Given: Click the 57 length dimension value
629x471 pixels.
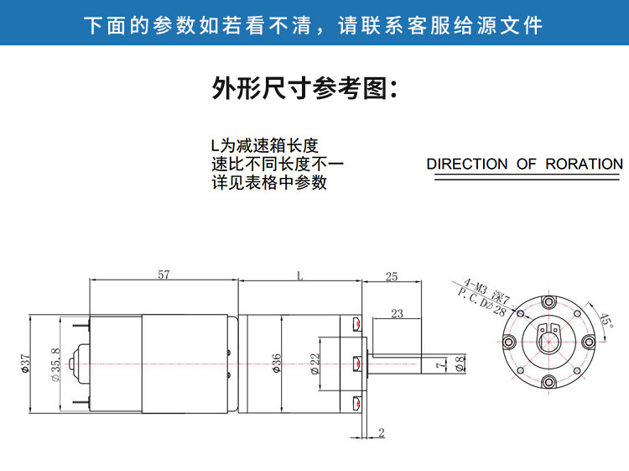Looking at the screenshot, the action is click(164, 275).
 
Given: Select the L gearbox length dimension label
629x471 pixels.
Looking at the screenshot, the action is click(299, 275).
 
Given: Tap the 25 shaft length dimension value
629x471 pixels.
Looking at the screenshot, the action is click(392, 276).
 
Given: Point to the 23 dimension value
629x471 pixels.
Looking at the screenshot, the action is click(398, 313).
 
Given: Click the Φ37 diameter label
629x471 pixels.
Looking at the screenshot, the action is click(25, 364).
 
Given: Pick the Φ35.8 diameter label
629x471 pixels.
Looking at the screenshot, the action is click(55, 364).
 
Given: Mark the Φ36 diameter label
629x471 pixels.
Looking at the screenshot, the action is click(277, 364).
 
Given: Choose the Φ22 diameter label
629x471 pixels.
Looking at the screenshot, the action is click(315, 364).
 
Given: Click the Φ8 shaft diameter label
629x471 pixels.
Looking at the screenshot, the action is click(460, 364).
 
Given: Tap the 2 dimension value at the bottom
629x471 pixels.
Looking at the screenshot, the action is click(382, 432).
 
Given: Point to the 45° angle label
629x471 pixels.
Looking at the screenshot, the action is click(606, 321).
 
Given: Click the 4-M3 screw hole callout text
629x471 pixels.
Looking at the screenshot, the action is click(486, 290).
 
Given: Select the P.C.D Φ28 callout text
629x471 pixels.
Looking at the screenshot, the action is click(481, 302).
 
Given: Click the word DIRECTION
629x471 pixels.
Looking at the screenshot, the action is click(467, 164).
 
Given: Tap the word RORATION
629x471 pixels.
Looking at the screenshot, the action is click(584, 164).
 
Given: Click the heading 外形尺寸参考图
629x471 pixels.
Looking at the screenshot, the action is click(305, 88).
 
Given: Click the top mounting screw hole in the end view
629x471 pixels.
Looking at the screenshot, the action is click(548, 302).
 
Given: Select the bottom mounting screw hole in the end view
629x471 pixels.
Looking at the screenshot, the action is click(548, 381).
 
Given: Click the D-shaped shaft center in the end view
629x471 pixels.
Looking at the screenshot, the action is click(548, 342).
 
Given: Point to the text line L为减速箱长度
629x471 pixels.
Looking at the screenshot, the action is click(265, 145).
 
